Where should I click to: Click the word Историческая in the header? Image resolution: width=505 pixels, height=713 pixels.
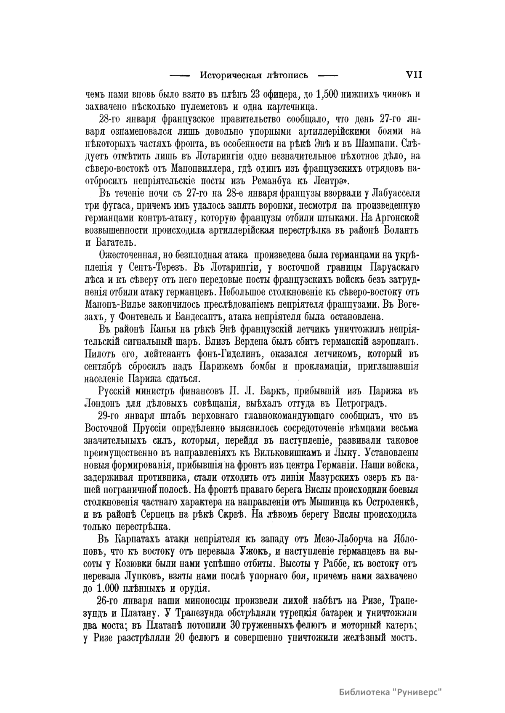tap(229, 76)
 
